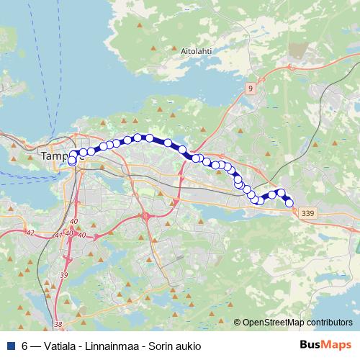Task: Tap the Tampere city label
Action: coord(58,156)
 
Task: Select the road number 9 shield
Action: coord(250,88)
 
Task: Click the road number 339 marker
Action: coord(308,213)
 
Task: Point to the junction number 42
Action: coord(30,233)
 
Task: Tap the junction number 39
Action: coord(64,275)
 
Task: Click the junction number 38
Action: coord(58,325)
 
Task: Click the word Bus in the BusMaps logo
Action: coord(310,346)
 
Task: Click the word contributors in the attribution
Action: coord(329,323)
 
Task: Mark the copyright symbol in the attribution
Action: coord(237,323)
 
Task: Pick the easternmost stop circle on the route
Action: coord(289,203)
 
